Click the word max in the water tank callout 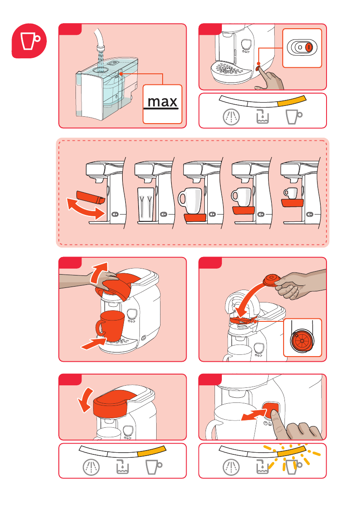tap(162, 102)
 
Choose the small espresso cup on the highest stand tap(291, 193)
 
